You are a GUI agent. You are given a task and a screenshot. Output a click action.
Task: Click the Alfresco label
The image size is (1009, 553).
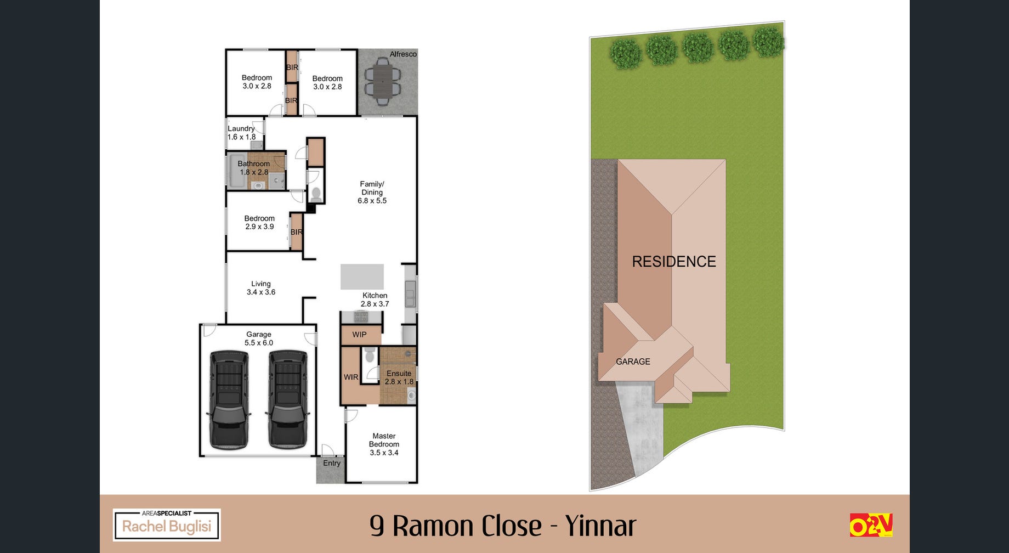click(403, 54)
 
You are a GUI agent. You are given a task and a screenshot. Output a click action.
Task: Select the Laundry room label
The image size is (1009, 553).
click(241, 133)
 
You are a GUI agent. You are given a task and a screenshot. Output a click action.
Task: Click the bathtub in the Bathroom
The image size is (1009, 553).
click(236, 171)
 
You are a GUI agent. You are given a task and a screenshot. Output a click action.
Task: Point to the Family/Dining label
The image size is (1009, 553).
click(372, 193)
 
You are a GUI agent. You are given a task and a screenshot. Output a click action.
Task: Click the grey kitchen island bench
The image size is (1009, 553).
click(362, 276)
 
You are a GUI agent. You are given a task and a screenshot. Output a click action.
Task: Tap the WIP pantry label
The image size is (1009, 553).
click(359, 335)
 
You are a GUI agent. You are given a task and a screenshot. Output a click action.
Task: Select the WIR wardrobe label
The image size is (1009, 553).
click(351, 377)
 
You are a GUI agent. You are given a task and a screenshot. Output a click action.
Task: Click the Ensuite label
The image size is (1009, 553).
click(399, 377)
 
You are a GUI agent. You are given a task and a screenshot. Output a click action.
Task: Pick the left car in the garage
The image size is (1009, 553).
click(229, 399)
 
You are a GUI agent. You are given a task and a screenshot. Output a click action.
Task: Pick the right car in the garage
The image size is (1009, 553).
click(287, 399)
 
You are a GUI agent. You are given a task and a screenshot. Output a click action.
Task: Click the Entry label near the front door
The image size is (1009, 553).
click(332, 463)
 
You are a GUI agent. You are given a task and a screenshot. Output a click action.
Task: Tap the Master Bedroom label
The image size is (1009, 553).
click(384, 444)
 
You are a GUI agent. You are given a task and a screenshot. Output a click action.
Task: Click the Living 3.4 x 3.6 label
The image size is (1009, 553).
click(261, 288)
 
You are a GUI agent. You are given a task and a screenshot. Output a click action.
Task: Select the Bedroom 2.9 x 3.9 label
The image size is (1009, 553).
click(259, 222)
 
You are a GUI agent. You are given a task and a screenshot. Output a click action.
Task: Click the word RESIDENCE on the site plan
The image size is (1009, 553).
click(674, 262)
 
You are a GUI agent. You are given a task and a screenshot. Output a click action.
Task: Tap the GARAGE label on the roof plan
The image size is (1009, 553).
click(633, 362)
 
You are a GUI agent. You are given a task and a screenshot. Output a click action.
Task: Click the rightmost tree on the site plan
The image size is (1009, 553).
click(768, 41)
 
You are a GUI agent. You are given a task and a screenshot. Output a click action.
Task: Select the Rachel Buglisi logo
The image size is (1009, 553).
click(167, 525)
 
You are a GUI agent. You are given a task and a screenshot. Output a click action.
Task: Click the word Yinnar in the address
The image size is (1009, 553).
click(600, 526)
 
